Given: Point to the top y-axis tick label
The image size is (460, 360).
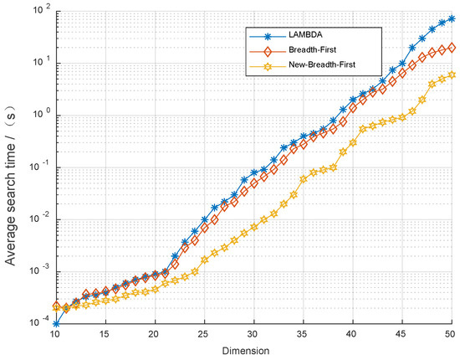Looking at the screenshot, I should click(38, 10).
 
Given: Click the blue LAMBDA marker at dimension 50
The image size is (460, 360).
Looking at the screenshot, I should click(452, 18).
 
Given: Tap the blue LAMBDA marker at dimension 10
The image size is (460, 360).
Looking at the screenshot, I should click(55, 323).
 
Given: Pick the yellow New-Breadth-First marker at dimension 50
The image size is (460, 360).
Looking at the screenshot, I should click(452, 75).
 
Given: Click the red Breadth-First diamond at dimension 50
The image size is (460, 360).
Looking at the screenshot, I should click(452, 48).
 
